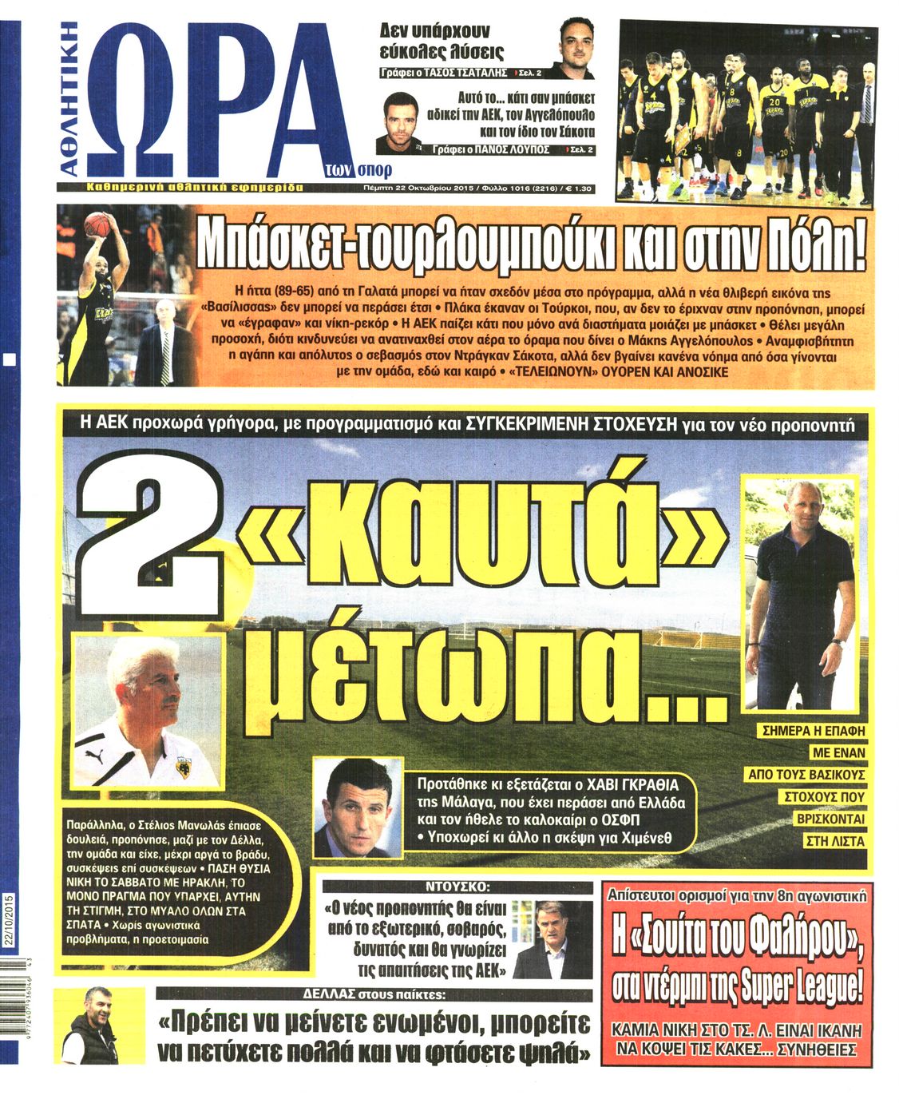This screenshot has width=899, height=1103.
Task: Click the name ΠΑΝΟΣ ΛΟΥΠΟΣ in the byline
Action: [516, 149]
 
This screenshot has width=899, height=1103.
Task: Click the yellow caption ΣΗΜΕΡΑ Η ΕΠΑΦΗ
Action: [814, 730]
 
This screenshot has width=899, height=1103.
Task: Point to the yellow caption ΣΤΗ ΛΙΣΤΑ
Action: [835, 840]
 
